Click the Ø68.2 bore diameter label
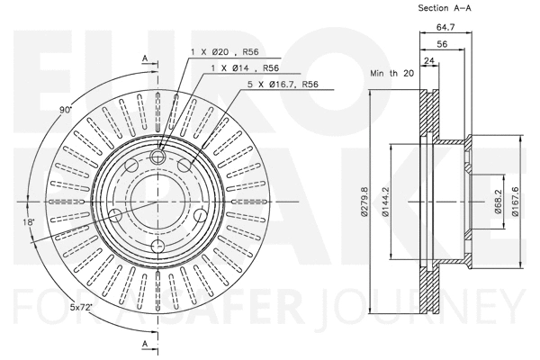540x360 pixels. pyautogui.click(x=497, y=201)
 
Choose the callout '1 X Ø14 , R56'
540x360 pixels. pyautogui.click(x=244, y=69)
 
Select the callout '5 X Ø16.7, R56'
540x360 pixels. pyautogui.click(x=284, y=84)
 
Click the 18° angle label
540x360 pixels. pyautogui.click(x=31, y=220)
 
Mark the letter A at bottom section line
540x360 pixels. pyautogui.click(x=145, y=345)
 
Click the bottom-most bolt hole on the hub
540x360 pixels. pyautogui.click(x=158, y=247)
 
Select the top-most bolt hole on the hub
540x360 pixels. pyautogui.click(x=158, y=157)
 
